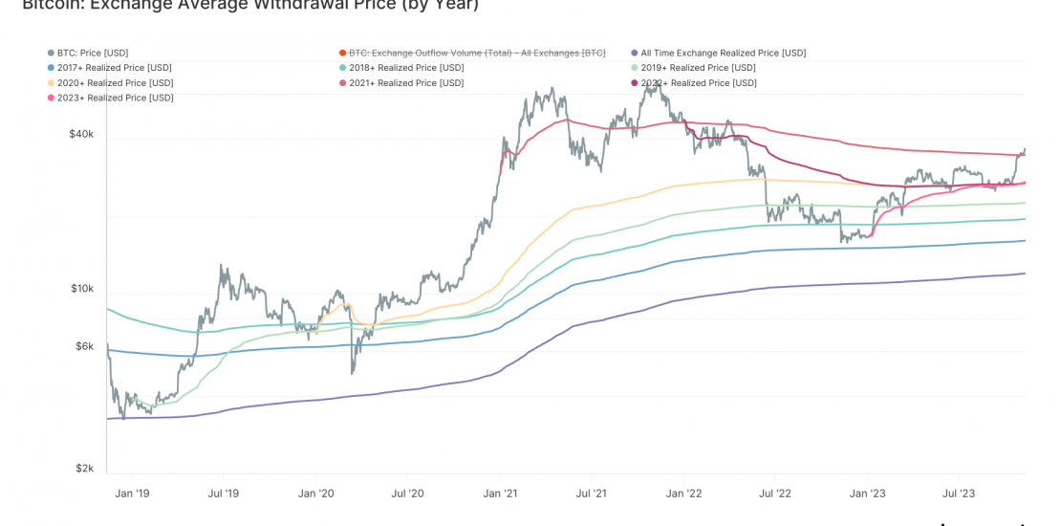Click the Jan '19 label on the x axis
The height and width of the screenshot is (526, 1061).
pyautogui.click(x=131, y=493)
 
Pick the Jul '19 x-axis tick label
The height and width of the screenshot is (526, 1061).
pyautogui.click(x=223, y=493)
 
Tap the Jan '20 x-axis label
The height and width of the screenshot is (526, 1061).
pyautogui.click(x=315, y=493)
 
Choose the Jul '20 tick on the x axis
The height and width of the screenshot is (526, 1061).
pyautogui.click(x=408, y=493)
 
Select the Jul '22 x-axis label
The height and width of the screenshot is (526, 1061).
pyautogui.click(x=775, y=493)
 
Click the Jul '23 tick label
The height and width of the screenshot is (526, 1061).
pyautogui.click(x=959, y=493)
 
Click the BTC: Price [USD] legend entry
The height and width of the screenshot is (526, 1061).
pyautogui.click(x=92, y=54)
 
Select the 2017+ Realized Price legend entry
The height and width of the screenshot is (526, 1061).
pyautogui.click(x=114, y=68)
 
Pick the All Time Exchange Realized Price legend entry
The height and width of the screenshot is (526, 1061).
pyautogui.click(x=723, y=54)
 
